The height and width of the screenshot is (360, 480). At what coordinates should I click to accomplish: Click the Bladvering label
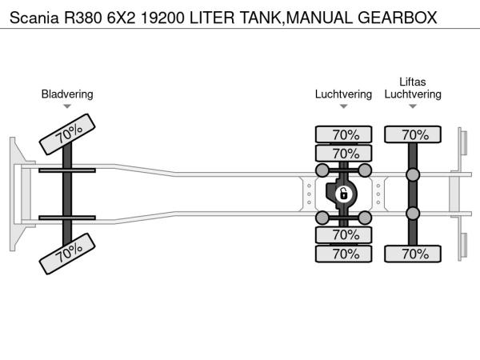67,94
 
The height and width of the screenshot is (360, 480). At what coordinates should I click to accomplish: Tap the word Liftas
413,82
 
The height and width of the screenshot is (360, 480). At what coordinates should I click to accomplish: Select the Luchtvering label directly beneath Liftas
413,94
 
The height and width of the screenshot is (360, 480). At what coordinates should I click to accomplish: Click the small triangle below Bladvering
67,106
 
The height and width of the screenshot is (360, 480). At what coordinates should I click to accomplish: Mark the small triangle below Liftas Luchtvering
413,106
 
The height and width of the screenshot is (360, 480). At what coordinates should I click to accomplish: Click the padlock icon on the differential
343,194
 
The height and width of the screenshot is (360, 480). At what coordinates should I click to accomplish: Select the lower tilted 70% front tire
68,253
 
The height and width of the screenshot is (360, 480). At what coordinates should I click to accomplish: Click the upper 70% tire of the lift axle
413,134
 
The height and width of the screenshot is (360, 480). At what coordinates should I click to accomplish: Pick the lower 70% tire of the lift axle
413,254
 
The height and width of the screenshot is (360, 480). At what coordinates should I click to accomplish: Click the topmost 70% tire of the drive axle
344,134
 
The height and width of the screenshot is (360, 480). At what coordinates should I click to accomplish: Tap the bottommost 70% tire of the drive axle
344,254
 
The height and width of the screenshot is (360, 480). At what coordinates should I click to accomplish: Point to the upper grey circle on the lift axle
413,175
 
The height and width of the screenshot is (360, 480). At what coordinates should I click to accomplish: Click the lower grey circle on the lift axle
413,213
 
